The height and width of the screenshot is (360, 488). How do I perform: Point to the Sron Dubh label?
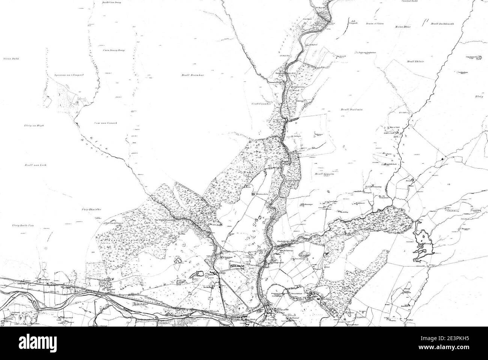tap(11, 59)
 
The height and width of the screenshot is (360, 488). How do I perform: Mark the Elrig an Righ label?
tap(33, 126)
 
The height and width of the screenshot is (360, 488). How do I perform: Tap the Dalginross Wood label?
tap(295, 88)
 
